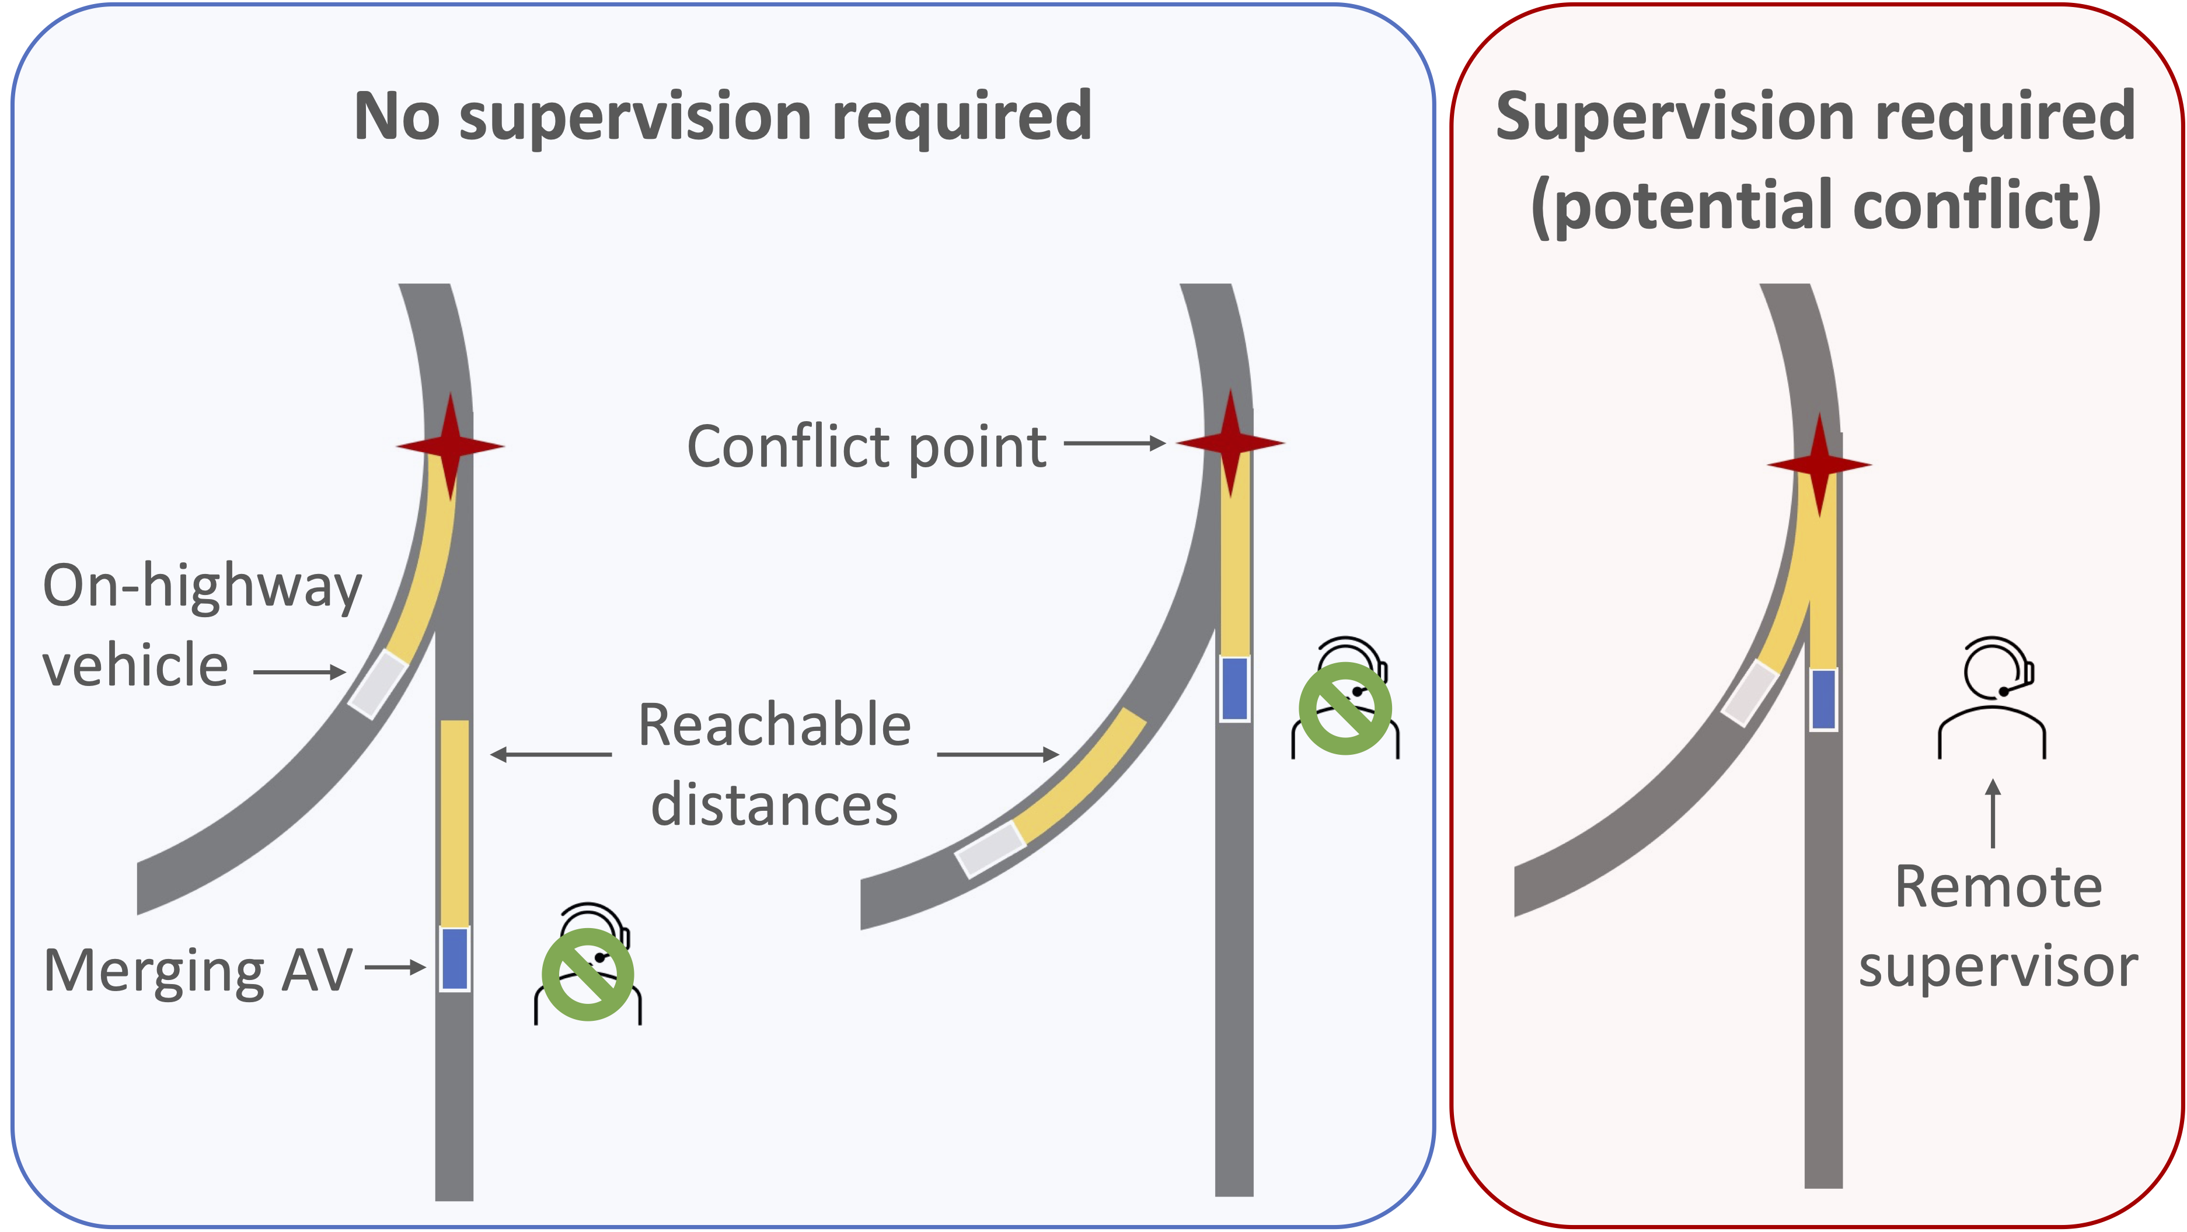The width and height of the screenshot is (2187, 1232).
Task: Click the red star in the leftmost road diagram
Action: tap(450, 446)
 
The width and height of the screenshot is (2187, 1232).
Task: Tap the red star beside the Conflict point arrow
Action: tap(1230, 443)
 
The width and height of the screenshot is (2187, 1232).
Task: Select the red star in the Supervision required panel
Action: tap(1819, 465)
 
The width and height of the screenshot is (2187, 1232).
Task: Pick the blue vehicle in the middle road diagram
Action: tap(1234, 689)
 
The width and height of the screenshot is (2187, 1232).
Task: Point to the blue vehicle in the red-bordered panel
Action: tap(1823, 699)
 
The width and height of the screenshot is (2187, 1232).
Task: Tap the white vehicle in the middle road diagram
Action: tap(990, 849)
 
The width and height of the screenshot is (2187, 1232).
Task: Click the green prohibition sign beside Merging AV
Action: tap(588, 974)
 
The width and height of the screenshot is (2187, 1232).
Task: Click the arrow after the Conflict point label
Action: tap(1114, 443)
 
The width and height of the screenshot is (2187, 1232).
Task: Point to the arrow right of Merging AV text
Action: tap(395, 967)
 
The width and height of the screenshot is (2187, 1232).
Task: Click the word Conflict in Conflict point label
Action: tap(790, 447)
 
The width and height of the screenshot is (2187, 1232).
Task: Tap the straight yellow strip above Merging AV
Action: tap(454, 821)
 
